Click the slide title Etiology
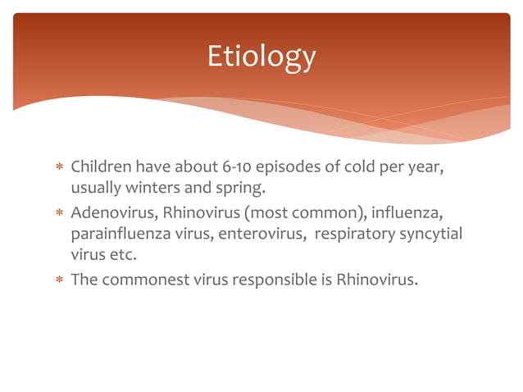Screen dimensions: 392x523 coord(261,57)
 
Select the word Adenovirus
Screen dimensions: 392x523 coord(114,213)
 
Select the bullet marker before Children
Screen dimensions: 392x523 coord(59,169)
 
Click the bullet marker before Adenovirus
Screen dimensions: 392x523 coord(59,214)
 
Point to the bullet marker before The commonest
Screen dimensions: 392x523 coord(59,280)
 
